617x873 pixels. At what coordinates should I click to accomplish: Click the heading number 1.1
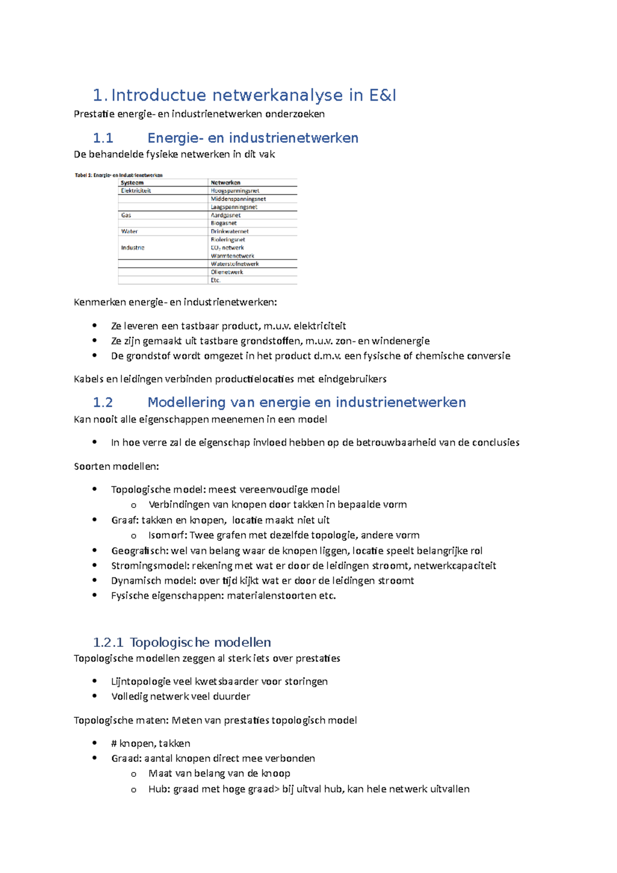pos(103,138)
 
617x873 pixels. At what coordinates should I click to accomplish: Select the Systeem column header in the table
pos(132,183)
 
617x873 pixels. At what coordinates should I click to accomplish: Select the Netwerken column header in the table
pos(225,183)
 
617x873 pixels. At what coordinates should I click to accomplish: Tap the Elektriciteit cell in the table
pos(136,191)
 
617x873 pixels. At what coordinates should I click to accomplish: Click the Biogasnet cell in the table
pos(224,223)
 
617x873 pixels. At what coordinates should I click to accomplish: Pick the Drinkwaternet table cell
pos(229,231)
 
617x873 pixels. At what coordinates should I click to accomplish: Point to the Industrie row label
pos(133,248)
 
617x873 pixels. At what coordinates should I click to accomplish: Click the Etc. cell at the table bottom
pos(215,280)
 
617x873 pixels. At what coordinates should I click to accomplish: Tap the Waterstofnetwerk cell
pos(234,264)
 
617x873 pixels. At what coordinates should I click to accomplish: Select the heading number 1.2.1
pos(108,642)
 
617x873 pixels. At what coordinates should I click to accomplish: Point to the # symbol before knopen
pos(114,743)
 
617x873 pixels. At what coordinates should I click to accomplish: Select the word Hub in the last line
pos(158,789)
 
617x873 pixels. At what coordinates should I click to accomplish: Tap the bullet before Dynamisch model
pos(95,580)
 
